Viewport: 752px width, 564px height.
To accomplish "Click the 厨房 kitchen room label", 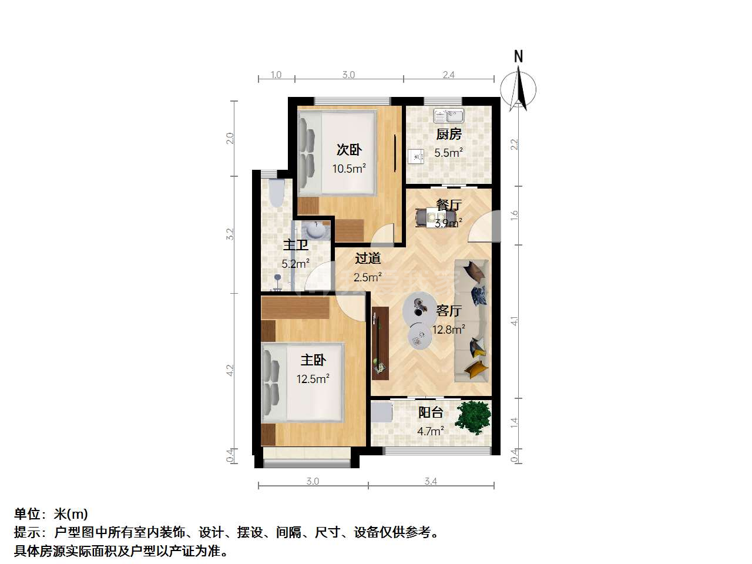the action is [448, 134].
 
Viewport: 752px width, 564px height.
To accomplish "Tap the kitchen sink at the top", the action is [448, 116].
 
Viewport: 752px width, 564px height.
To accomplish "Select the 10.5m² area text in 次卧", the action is [349, 169].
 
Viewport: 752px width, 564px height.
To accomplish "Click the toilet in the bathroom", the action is [277, 193].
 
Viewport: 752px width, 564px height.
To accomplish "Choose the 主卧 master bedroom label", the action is [313, 360].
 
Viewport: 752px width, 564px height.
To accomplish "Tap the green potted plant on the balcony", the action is [473, 418].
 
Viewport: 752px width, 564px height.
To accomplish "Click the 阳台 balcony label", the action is [431, 412].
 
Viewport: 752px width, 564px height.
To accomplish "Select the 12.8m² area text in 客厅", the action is [448, 330].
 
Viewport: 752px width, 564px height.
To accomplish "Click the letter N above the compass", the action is [518, 56].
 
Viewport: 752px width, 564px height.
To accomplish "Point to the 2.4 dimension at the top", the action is [448, 75].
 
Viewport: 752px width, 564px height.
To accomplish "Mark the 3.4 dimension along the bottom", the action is [431, 481].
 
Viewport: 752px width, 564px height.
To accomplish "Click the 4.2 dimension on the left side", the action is [230, 371].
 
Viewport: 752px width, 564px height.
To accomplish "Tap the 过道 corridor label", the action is [368, 258].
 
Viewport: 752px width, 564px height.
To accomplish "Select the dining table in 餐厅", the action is [435, 218].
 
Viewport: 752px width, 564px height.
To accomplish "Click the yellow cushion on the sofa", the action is [476, 369].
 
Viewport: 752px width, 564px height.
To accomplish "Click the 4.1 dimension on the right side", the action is [514, 321].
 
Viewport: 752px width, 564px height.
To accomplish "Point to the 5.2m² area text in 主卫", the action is [296, 264].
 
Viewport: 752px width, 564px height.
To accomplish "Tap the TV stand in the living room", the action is [380, 343].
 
